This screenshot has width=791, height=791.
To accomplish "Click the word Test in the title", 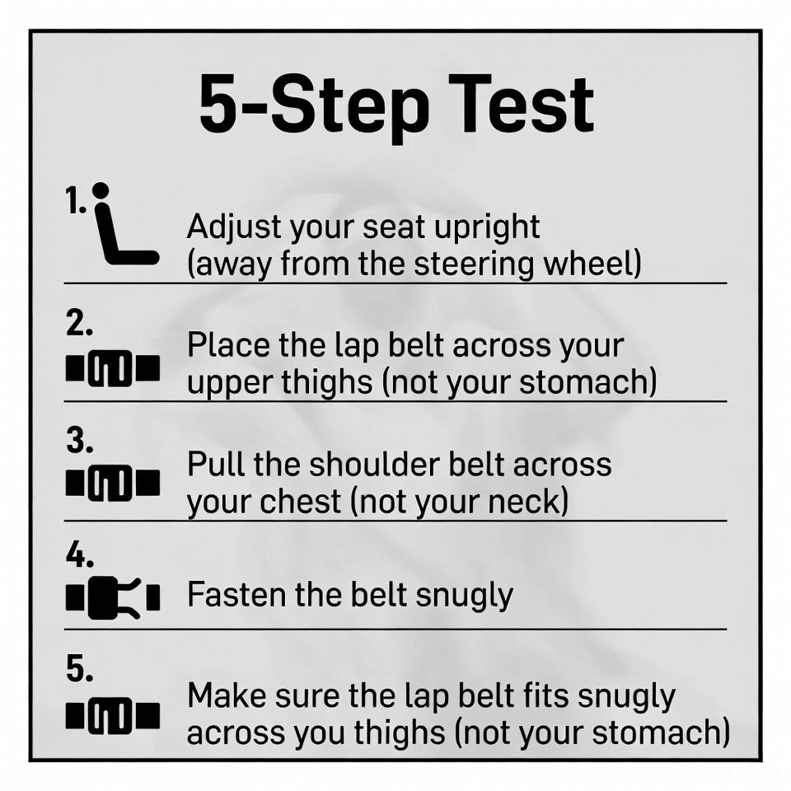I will [x=526, y=105].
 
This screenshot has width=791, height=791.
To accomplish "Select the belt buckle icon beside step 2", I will [x=112, y=368].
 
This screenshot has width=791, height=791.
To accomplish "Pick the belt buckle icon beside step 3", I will [x=112, y=484].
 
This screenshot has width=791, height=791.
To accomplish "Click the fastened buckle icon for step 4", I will [x=112, y=598].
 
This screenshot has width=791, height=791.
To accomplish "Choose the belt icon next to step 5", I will [x=112, y=714].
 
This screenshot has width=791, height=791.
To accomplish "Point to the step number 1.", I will [x=74, y=199].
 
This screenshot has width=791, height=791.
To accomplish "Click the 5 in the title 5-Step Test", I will [x=216, y=105].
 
